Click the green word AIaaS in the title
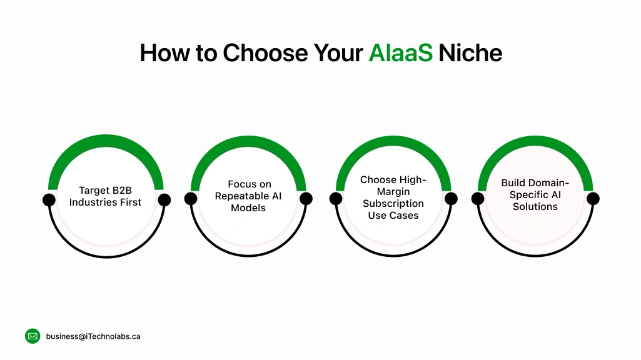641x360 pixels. [x=400, y=53]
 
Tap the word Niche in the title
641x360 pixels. [x=470, y=53]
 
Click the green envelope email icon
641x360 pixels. [x=33, y=336]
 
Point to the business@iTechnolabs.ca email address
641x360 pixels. [x=93, y=336]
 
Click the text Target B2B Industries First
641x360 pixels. [x=106, y=196]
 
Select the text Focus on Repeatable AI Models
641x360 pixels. [x=248, y=196]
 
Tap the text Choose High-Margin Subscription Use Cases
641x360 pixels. [x=393, y=197]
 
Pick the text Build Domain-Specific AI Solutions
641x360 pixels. [x=535, y=194]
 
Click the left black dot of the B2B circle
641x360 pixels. [x=49, y=200]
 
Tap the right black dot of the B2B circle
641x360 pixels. [x=164, y=200]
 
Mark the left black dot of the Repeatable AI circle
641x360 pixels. [x=191, y=199]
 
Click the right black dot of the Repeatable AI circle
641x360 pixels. [x=306, y=199]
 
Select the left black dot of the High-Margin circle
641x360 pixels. [x=336, y=199]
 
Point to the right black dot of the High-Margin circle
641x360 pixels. [x=450, y=199]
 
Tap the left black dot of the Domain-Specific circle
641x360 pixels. [x=478, y=199]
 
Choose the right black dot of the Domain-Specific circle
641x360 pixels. [x=593, y=199]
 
